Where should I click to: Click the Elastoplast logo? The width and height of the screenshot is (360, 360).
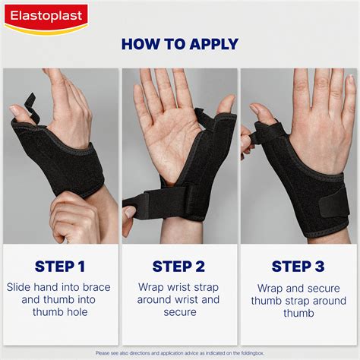pyautogui.click(x=46, y=15)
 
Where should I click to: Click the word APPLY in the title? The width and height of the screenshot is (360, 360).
pyautogui.click(x=207, y=44)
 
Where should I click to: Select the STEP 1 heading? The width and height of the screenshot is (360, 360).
pyautogui.click(x=60, y=266)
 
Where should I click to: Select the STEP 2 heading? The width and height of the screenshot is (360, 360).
pyautogui.click(x=178, y=266)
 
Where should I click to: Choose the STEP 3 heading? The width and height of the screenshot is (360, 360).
pyautogui.click(x=298, y=266)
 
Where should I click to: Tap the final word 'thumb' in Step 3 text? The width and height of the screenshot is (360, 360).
pyautogui.click(x=298, y=313)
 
